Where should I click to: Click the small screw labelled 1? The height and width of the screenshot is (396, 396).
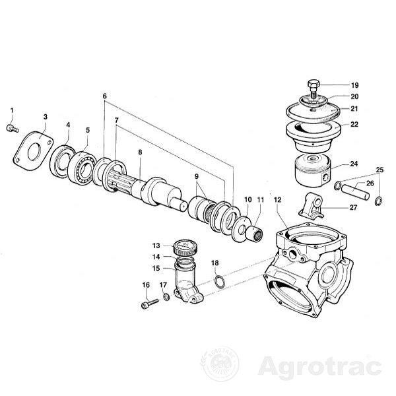pos(12,129)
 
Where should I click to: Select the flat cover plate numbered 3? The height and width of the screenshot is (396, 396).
pos(33,151)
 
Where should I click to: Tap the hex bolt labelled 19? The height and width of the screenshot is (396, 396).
pos(313,89)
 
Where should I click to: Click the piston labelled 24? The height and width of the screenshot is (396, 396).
pos(312,170)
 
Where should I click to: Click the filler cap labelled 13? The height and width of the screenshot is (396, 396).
pos(186,247)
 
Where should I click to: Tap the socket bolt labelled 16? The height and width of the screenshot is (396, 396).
pos(150,303)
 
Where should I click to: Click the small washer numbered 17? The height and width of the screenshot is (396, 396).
pos(166,297)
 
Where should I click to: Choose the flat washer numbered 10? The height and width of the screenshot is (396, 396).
pos(242,228)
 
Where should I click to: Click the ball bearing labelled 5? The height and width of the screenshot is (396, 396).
pos(82,167)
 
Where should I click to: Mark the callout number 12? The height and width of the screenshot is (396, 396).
pos(277,200)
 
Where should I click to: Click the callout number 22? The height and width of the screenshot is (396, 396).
pos(354,124)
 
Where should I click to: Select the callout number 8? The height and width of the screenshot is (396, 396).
pos(140,152)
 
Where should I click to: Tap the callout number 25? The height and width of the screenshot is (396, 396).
pos(379,170)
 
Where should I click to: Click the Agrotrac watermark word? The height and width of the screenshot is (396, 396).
pos(319,366)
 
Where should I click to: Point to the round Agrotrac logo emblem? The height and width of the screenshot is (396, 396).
pos(220,364)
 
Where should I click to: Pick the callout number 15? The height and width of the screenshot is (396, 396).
pos(156,268)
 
